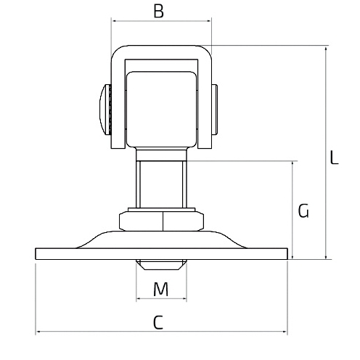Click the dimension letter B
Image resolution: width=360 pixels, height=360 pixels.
click(x=159, y=11)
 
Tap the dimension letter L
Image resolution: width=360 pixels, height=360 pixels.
click(x=334, y=157)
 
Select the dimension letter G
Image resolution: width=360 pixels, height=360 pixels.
click(x=303, y=211)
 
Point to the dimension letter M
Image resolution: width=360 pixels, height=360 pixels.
click(x=161, y=289)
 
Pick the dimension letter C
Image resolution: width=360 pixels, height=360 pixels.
click(x=158, y=322)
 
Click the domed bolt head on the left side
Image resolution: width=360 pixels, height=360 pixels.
click(x=105, y=109)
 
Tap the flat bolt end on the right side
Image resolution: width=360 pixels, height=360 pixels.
click(x=215, y=109)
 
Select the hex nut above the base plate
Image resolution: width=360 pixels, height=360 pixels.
click(x=161, y=221)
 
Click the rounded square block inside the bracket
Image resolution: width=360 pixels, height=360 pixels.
click(x=161, y=109)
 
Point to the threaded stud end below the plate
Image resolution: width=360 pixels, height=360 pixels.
click(x=161, y=265)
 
